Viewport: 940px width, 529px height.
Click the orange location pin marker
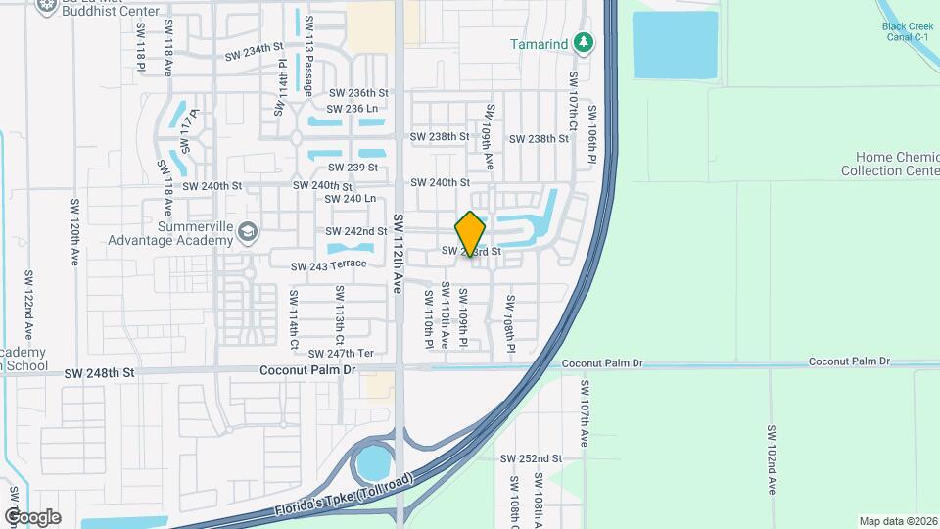[471, 234]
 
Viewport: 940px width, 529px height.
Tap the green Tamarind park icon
[584, 42]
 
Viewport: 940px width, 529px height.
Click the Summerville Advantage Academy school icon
[248, 231]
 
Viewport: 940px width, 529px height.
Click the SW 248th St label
[99, 373]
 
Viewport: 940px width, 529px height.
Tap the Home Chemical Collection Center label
[889, 164]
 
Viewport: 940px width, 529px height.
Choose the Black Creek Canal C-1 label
[906, 32]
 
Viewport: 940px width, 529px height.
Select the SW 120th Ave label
[74, 232]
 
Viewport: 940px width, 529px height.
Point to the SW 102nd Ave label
[772, 458]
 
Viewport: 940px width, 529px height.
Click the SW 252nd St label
[531, 458]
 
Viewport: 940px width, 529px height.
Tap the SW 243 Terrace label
[328, 265]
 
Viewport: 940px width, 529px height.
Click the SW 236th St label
[358, 92]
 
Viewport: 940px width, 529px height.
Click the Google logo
[32, 516]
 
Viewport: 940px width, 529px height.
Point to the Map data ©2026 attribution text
[898, 521]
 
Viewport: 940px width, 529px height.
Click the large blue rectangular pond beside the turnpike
[675, 45]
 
